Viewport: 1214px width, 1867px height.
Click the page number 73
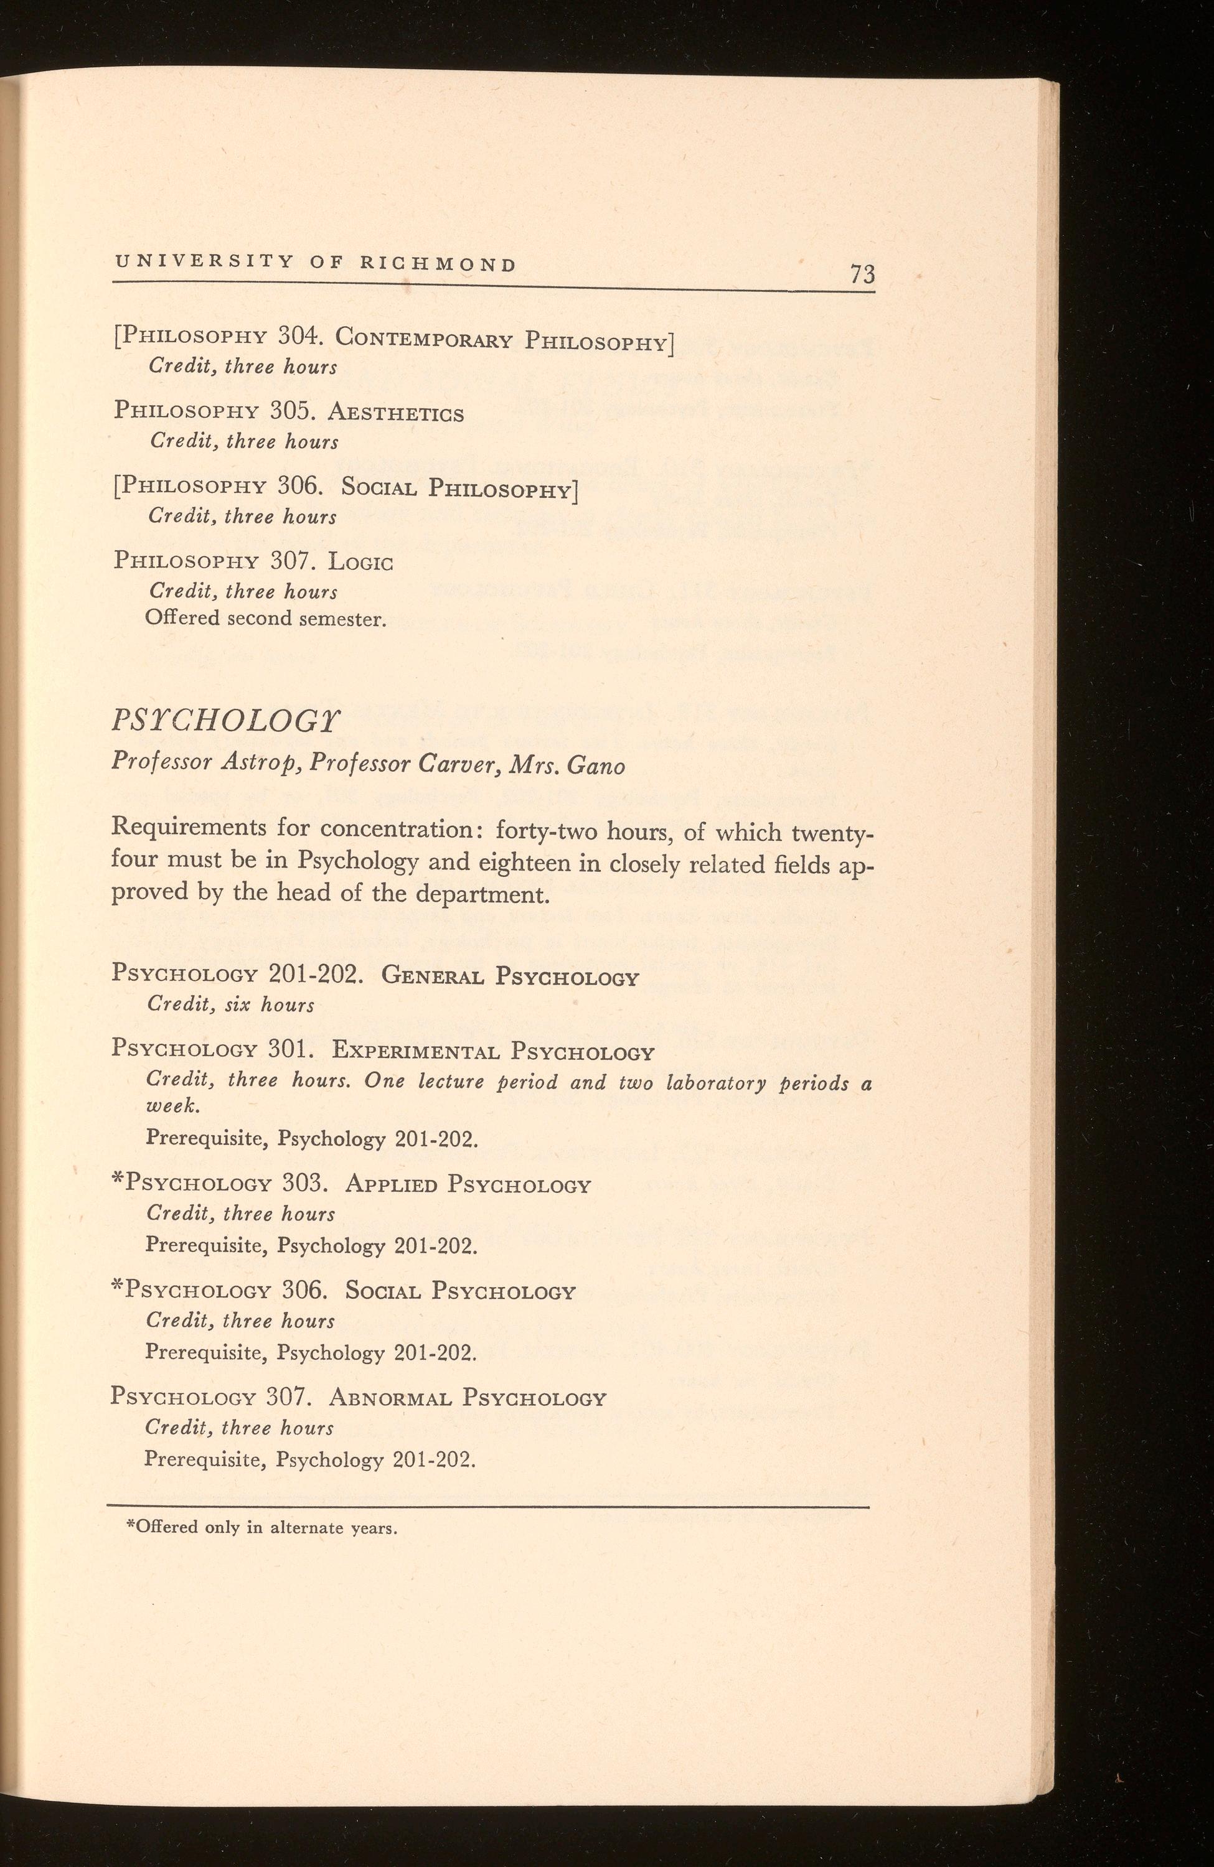(862, 274)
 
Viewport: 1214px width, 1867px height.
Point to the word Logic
(361, 562)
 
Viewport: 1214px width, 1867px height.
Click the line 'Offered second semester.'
(266, 619)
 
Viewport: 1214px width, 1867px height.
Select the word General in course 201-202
(433, 976)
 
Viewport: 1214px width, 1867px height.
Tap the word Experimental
(415, 1050)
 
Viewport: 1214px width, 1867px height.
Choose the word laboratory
(716, 1083)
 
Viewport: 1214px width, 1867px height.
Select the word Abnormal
(390, 1397)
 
